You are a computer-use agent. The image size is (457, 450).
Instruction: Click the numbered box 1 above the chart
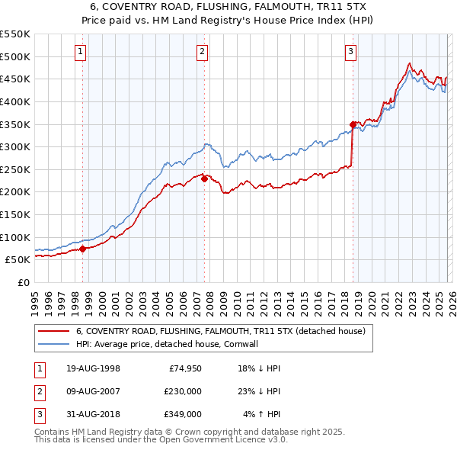[81, 52]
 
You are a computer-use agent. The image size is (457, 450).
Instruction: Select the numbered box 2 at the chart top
[202, 52]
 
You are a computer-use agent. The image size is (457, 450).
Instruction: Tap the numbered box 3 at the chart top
[350, 52]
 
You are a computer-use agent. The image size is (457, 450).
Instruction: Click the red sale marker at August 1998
[82, 248]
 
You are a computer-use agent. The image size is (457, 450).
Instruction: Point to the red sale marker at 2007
[204, 178]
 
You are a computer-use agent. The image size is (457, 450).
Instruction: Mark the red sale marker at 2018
[353, 124]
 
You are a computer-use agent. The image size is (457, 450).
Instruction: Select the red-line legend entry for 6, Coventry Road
[221, 331]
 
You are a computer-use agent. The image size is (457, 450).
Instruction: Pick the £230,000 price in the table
[183, 391]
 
